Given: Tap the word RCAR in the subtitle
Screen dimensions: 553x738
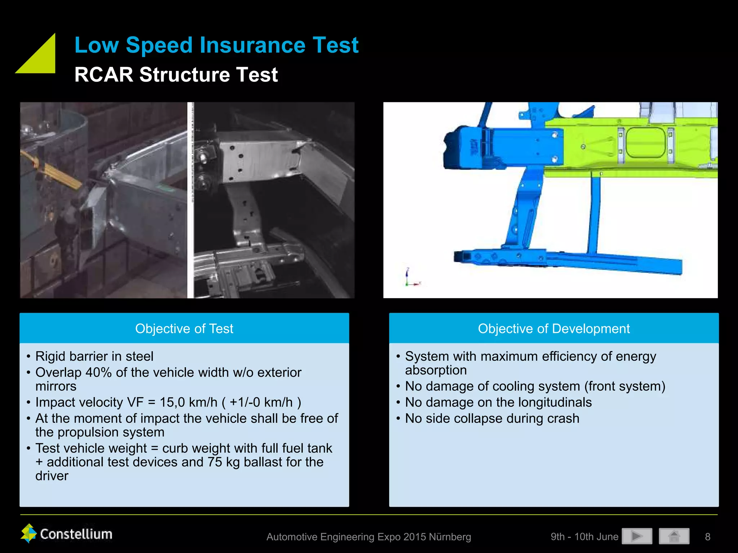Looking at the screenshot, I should pyautogui.click(x=104, y=75).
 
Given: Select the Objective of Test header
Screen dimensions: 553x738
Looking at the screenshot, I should pyautogui.click(x=184, y=328).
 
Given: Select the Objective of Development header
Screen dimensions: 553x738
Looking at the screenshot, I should pyautogui.click(x=553, y=328).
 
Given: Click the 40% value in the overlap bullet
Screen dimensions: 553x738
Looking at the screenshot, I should pyautogui.click(x=98, y=372).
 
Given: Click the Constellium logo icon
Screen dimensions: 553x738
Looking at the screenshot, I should pyautogui.click(x=29, y=533).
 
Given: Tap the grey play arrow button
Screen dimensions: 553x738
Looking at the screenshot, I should pyautogui.click(x=637, y=536).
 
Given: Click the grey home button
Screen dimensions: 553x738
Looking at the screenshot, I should pyautogui.click(x=674, y=536).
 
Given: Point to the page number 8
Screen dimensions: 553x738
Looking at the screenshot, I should pyautogui.click(x=707, y=537).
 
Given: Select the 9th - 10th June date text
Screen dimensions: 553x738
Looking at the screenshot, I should pyautogui.click(x=584, y=537).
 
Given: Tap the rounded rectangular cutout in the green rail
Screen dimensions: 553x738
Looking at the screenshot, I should pyautogui.click(x=645, y=143).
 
